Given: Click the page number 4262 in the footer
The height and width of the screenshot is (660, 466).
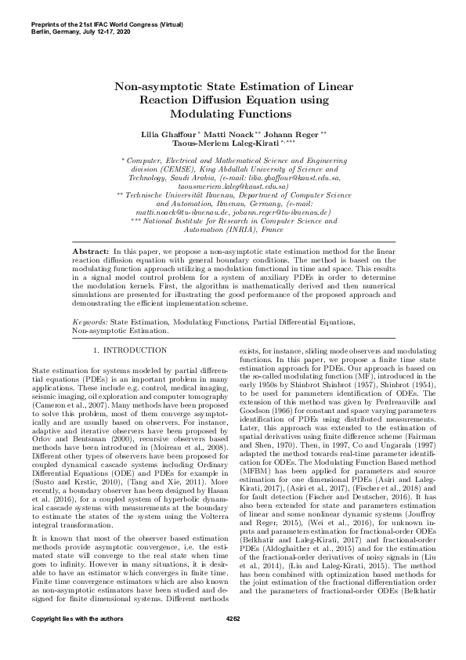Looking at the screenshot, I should pos(232,642).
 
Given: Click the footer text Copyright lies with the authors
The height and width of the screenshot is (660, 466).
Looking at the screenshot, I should pos(67,642).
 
